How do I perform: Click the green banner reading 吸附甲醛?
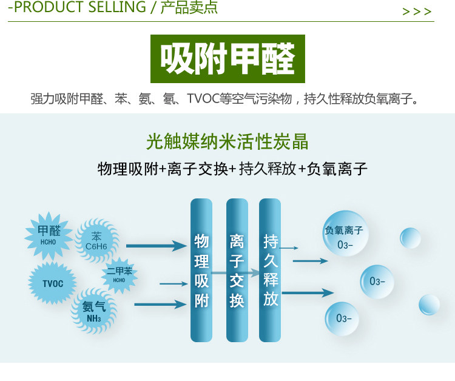coord(227,59)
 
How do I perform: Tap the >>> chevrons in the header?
coord(417,12)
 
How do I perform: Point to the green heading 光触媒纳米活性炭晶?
coord(227,142)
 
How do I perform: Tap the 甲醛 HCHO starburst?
coord(49,234)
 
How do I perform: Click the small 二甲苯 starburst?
coord(120,274)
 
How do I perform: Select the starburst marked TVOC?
coord(53,283)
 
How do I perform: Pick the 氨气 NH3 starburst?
coord(94,311)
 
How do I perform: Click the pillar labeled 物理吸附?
coord(201,270)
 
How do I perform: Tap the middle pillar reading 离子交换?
coord(237,270)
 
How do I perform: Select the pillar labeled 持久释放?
coord(271,270)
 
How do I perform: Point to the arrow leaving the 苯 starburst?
coord(156,246)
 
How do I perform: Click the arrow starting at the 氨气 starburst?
coord(160,304)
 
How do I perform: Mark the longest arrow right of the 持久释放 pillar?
coord(308,293)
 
